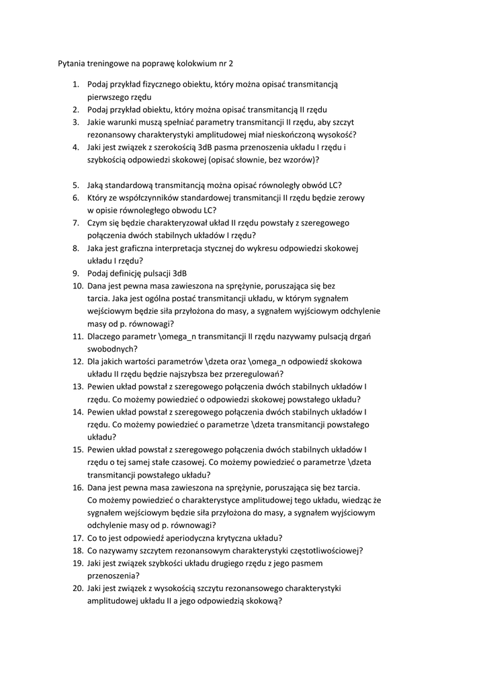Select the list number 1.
coord(75,85)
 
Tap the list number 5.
coord(76,185)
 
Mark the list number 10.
coord(77,286)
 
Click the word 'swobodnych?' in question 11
coord(112,349)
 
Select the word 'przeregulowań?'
coord(253,374)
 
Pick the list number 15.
coord(77,450)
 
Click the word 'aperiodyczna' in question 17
coord(195,538)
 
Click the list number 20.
coord(77,588)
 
